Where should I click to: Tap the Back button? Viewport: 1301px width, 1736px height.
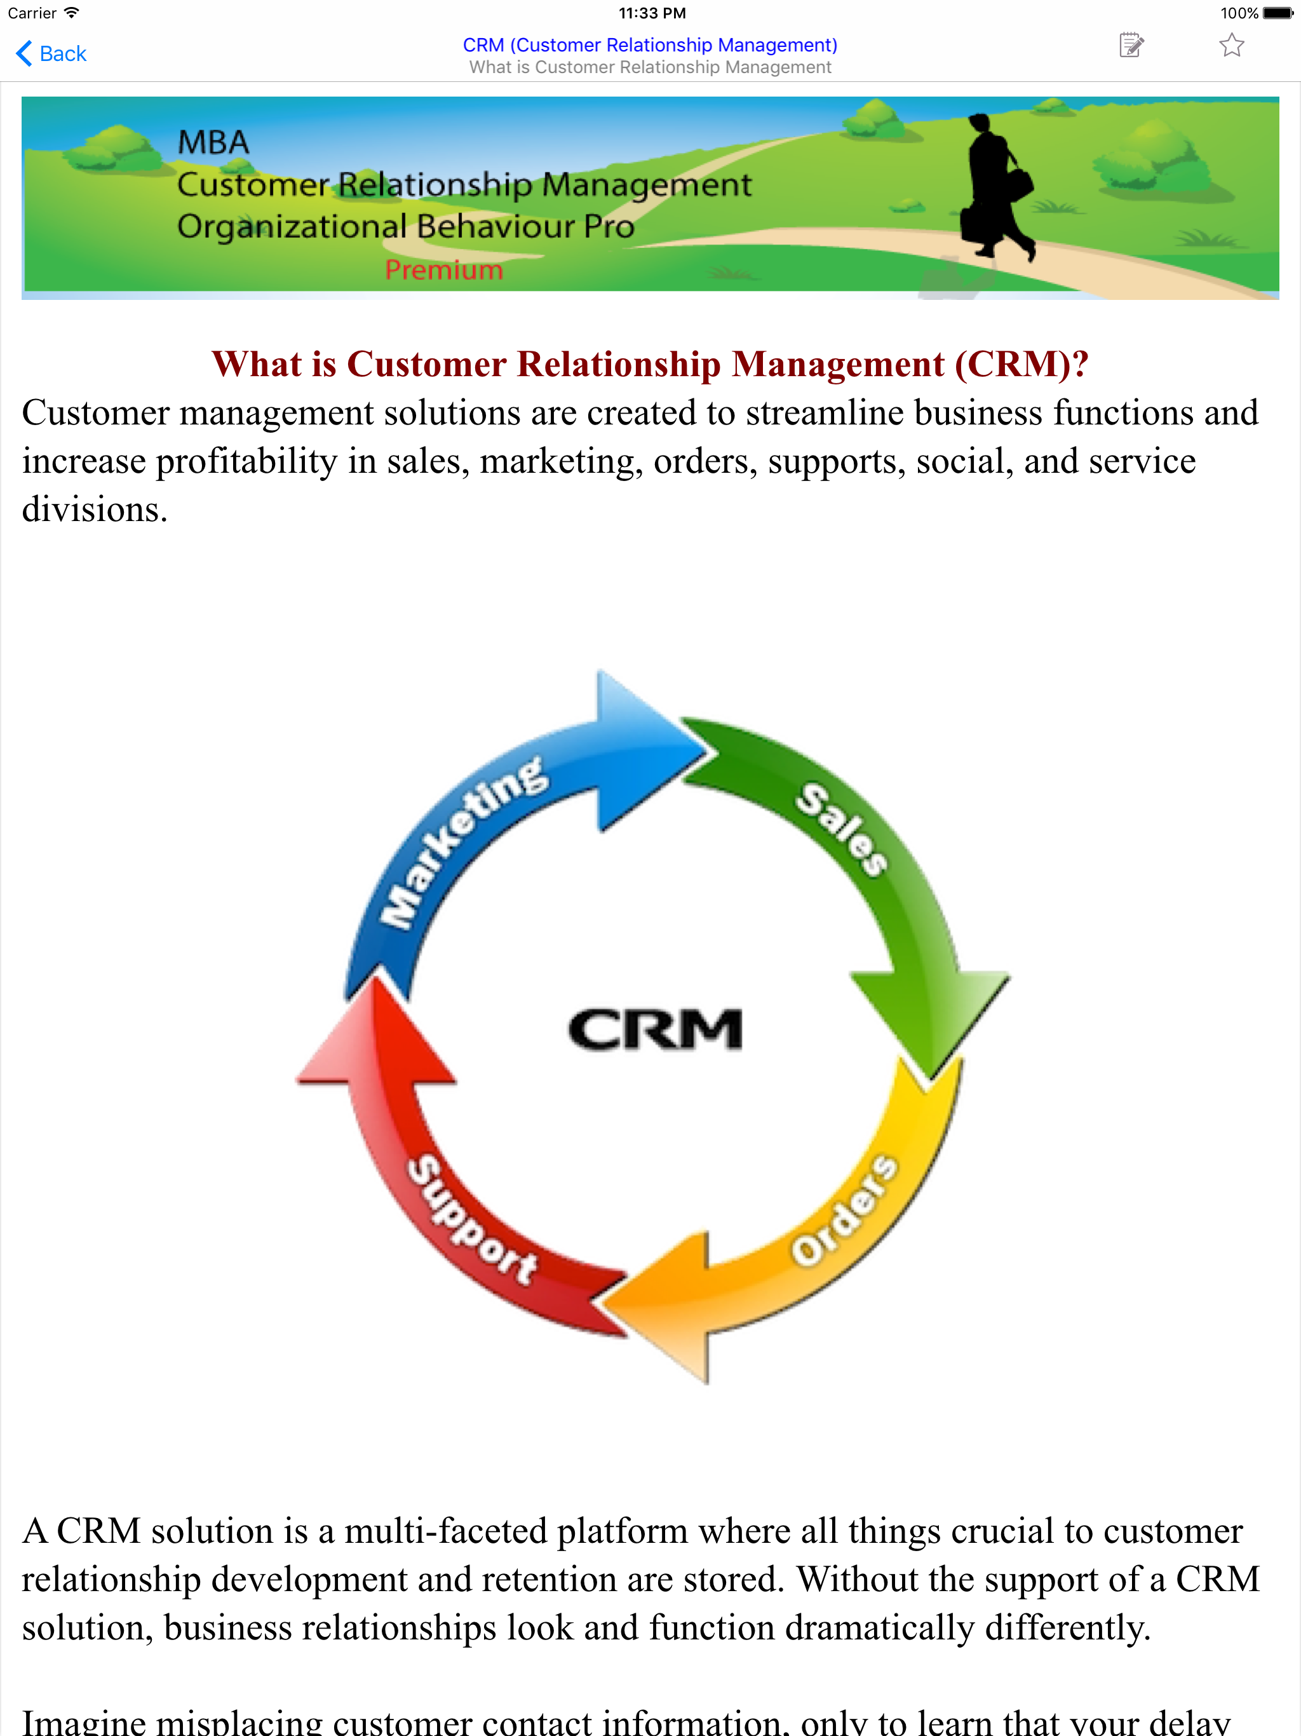[x=52, y=53]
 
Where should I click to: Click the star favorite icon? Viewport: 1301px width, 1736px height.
[x=1231, y=46]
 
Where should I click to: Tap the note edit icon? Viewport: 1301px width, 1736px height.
[x=1131, y=46]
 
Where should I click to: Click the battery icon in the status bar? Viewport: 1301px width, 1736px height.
[x=1277, y=13]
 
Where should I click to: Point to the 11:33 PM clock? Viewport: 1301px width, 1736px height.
[x=651, y=13]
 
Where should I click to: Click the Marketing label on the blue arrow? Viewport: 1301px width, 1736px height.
[x=463, y=840]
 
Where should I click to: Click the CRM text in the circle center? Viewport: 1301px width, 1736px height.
[x=655, y=1029]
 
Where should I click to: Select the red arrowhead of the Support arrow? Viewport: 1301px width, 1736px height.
[x=377, y=1036]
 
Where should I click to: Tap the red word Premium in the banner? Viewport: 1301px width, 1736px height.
[x=444, y=270]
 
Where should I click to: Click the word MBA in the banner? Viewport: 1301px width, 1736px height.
[x=213, y=143]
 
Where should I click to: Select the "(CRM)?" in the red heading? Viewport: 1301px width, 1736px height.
[x=1021, y=364]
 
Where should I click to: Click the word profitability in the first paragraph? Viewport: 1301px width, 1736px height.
[x=246, y=461]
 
